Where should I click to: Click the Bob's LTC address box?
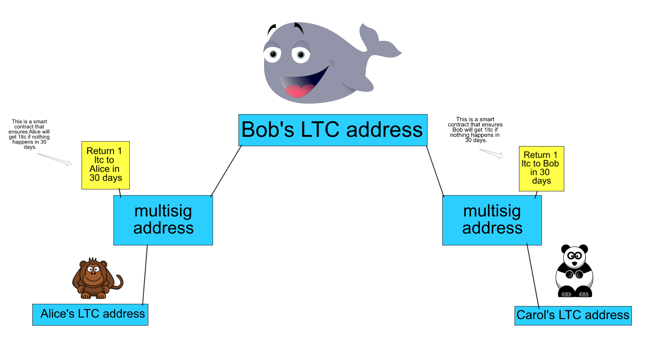333,130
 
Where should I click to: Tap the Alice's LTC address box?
90,315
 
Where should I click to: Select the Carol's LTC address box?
573,315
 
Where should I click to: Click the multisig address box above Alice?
163,220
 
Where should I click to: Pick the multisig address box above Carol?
492,220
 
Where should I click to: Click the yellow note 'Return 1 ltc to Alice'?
106,165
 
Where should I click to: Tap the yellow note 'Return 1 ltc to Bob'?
541,168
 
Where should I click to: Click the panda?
574,271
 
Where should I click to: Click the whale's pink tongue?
300,90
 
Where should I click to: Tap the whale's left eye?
273,54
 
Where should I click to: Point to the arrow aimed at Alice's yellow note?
55,159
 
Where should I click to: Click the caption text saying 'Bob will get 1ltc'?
475,130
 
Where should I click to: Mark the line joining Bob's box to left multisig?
226,171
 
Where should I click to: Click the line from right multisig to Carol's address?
533,276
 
